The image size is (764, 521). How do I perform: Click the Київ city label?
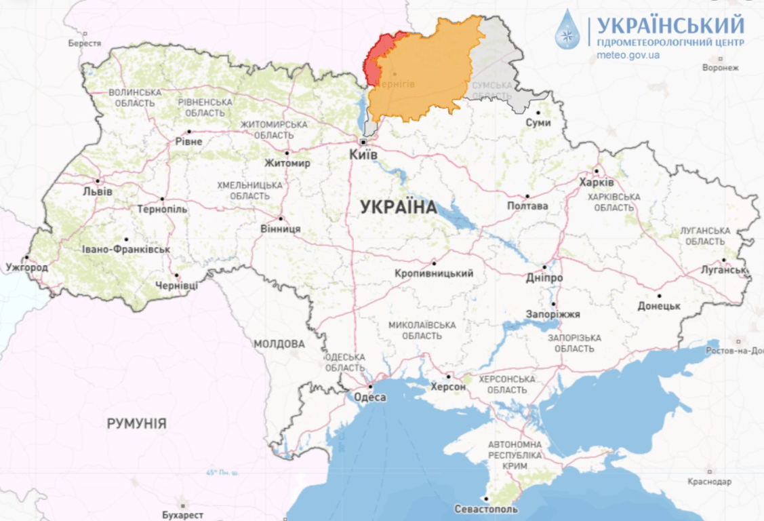coord(363,155)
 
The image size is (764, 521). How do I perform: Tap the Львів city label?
coord(98,191)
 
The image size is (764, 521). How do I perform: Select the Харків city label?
coord(597,183)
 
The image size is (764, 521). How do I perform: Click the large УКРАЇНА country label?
coord(399,208)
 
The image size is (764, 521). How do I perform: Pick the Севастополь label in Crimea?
coord(486,509)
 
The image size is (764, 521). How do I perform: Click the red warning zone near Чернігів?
coord(374,58)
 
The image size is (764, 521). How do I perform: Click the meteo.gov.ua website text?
coord(628,55)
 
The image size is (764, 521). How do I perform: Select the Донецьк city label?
coord(658,306)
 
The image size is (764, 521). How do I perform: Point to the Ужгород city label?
coord(26,267)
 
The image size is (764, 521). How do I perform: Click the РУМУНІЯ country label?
coord(136,423)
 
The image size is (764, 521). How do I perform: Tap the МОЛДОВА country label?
coord(279,344)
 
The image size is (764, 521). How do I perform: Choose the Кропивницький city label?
coord(434,273)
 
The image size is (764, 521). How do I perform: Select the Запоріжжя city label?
coord(553,315)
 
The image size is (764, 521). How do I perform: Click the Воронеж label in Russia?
coord(720,68)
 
